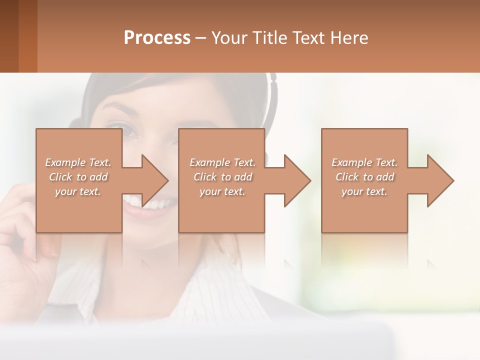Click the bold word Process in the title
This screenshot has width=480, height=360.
[x=157, y=38]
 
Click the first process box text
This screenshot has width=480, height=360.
[x=78, y=177]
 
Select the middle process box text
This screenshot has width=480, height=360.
[x=222, y=177]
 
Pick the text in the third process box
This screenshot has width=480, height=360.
[x=364, y=177]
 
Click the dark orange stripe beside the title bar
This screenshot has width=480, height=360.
[x=27, y=36]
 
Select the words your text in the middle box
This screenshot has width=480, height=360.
[x=222, y=191]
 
